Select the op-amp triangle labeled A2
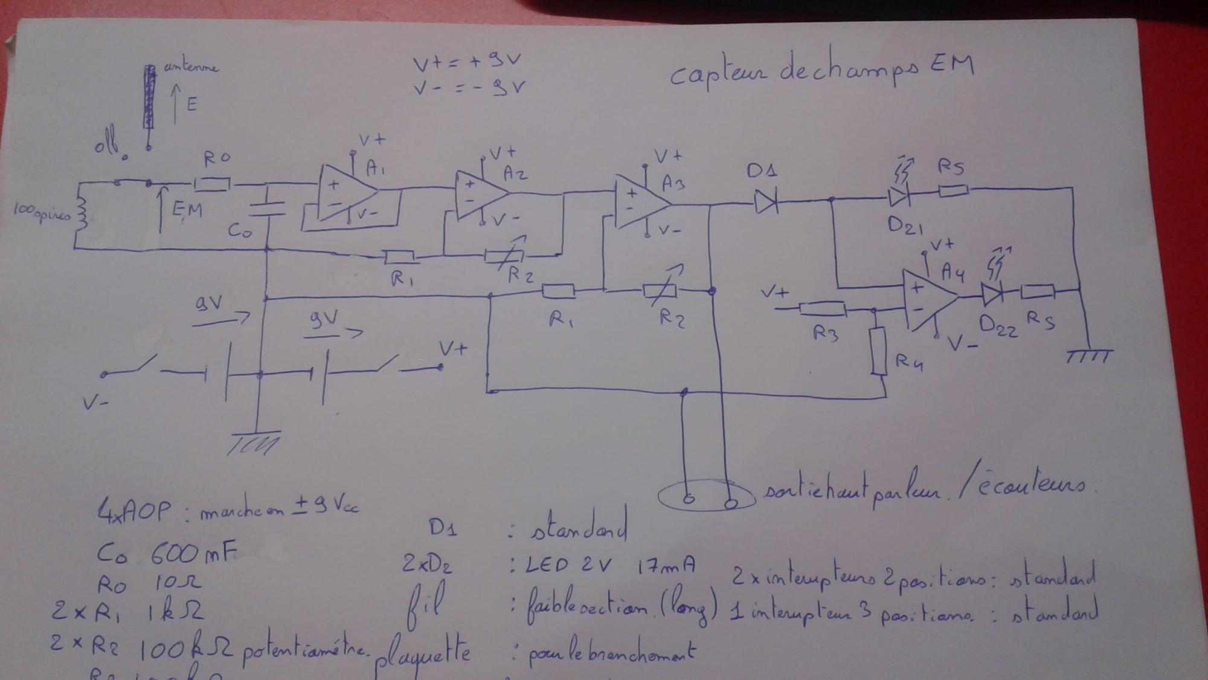[480, 195]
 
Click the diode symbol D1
[766, 201]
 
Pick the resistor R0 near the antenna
[213, 183]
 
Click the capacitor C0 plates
[267, 209]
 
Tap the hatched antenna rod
[149, 97]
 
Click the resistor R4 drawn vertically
[879, 351]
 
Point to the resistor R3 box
[822, 309]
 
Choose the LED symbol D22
[992, 294]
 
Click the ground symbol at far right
[1088, 356]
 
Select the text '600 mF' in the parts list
[193, 552]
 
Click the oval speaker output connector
[706, 496]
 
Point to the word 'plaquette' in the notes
[423, 653]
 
